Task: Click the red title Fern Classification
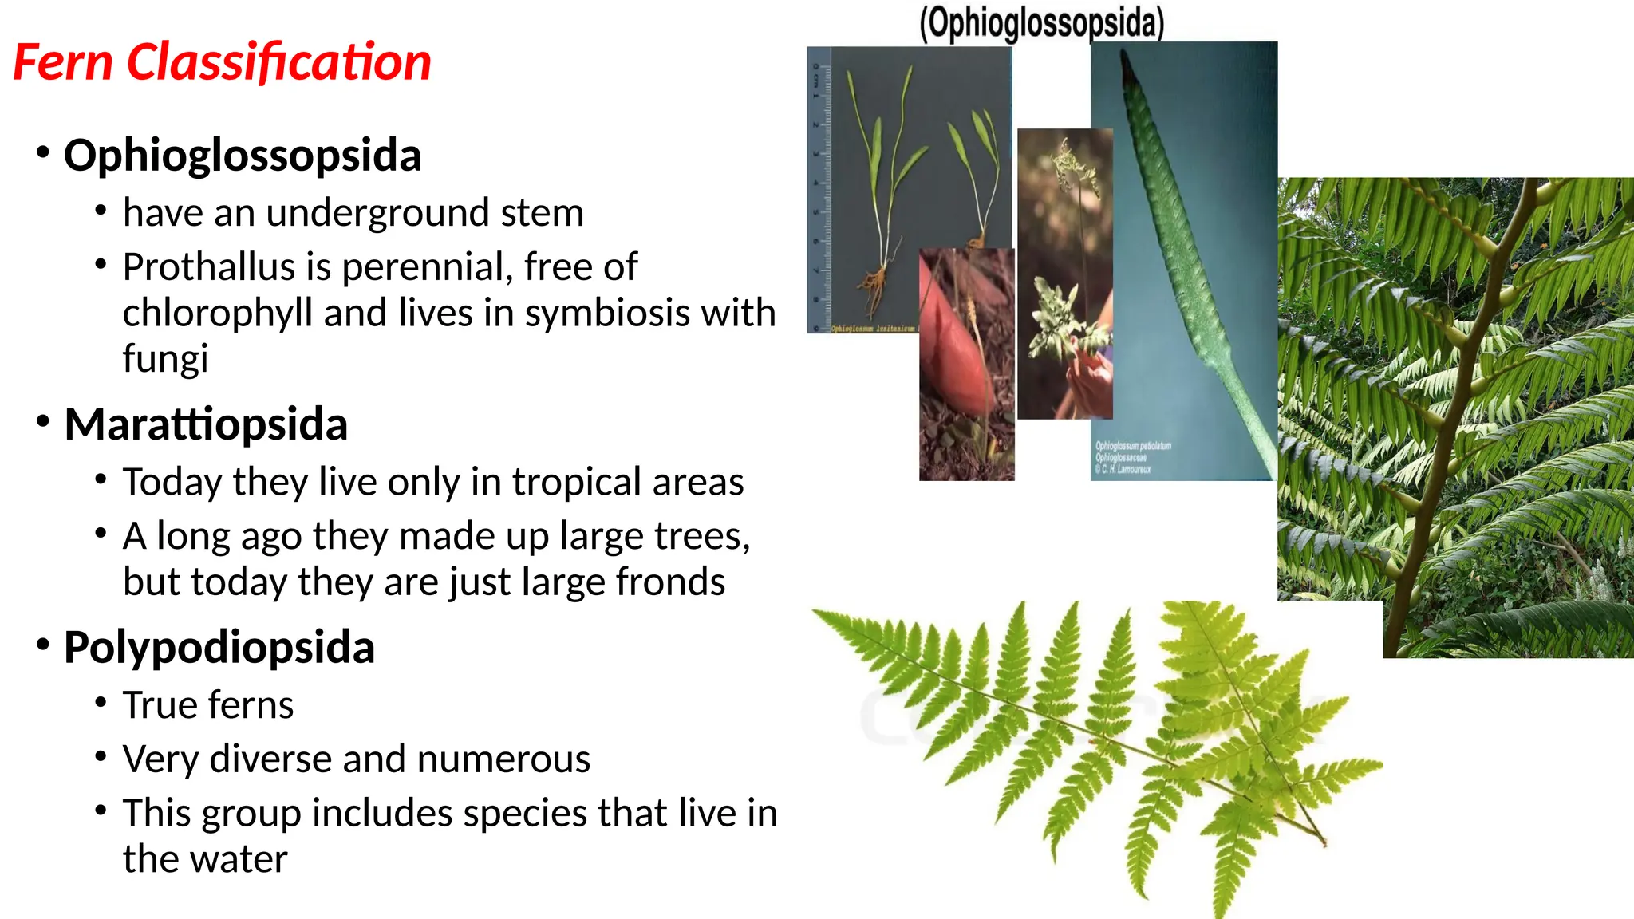point(222,62)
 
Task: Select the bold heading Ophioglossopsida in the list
point(242,155)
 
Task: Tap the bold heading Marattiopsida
point(205,424)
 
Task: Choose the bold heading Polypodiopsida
point(219,647)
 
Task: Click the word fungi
point(165,358)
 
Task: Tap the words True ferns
point(207,705)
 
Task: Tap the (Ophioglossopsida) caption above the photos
point(1041,22)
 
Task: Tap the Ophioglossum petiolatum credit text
point(1132,457)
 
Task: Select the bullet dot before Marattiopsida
point(43,420)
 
